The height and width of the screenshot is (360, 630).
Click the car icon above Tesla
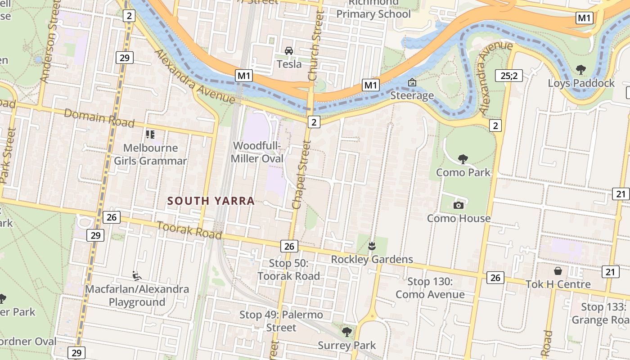289,50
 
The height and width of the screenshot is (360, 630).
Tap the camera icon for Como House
458,205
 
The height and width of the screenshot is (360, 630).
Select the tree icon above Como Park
463,158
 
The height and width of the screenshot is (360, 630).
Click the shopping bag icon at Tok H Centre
558,271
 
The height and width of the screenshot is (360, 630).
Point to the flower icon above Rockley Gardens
372,246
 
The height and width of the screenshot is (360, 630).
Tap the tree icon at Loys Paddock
580,69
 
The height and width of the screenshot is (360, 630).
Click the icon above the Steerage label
412,82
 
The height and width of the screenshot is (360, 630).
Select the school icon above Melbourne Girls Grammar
150,134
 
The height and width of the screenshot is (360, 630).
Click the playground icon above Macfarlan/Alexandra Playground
137,275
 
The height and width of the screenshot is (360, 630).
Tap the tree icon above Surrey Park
346,332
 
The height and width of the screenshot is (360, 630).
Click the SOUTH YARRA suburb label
211,201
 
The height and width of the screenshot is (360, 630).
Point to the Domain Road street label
99,118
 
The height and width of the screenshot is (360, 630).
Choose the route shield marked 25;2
508,75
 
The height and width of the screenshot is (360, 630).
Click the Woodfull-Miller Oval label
257,152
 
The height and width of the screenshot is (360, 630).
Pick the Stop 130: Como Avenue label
430,288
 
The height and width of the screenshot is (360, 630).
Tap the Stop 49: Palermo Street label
281,321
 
